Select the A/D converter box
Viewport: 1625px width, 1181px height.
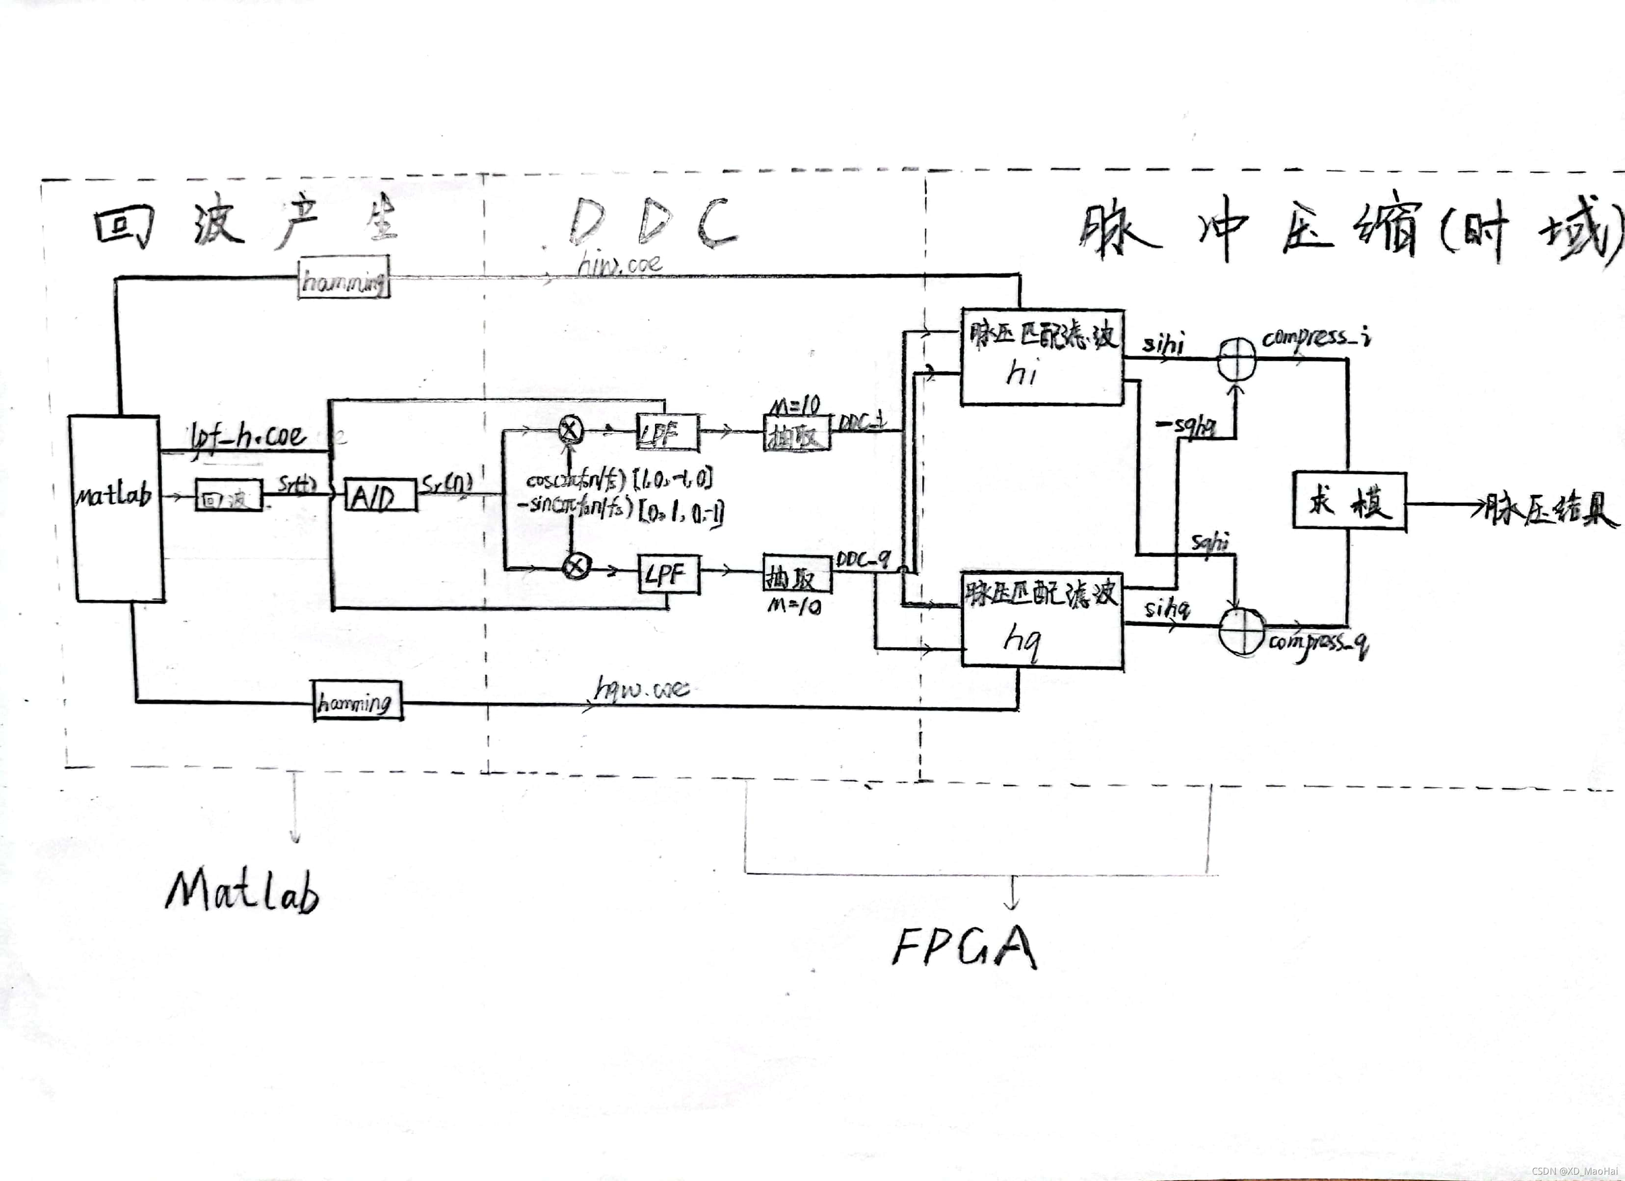(380, 495)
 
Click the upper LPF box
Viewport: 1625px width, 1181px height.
(668, 432)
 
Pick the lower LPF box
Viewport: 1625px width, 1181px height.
(668, 574)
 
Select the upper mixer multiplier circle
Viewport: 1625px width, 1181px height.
(570, 430)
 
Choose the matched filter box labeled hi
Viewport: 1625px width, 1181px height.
(1042, 357)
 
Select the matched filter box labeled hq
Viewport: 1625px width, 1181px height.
(1042, 620)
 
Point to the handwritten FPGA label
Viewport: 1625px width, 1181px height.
(964, 947)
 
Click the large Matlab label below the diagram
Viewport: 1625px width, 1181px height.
(242, 891)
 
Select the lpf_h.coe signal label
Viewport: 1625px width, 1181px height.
(246, 436)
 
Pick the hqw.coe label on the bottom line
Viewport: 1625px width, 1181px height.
(642, 689)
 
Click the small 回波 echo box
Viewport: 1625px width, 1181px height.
(229, 496)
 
